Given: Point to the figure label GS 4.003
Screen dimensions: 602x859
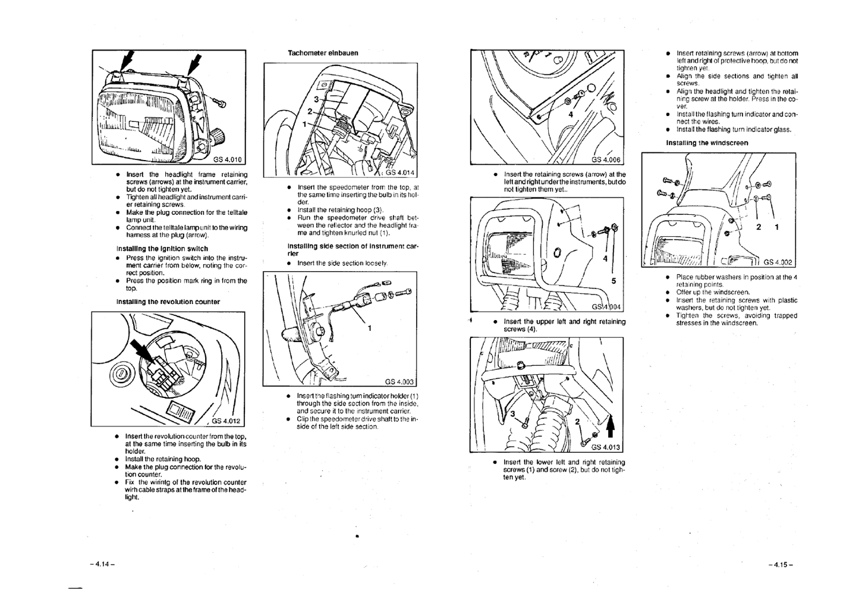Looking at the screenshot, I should (399, 382).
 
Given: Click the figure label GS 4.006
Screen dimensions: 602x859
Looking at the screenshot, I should (606, 159).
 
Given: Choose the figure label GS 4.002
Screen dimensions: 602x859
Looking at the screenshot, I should (778, 262).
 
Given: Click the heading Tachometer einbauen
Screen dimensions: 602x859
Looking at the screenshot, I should (323, 53).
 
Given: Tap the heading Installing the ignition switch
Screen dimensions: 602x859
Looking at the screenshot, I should (162, 249).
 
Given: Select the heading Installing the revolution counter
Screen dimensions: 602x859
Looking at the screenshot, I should (168, 302).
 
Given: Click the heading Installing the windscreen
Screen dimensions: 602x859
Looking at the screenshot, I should (707, 143).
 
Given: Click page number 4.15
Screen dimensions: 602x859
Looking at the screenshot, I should (780, 565).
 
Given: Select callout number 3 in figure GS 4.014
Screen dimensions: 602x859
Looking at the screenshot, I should (316, 99).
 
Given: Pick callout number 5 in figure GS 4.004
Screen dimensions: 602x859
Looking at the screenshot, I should (613, 281).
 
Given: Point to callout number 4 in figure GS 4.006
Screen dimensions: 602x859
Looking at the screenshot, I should (571, 115).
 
